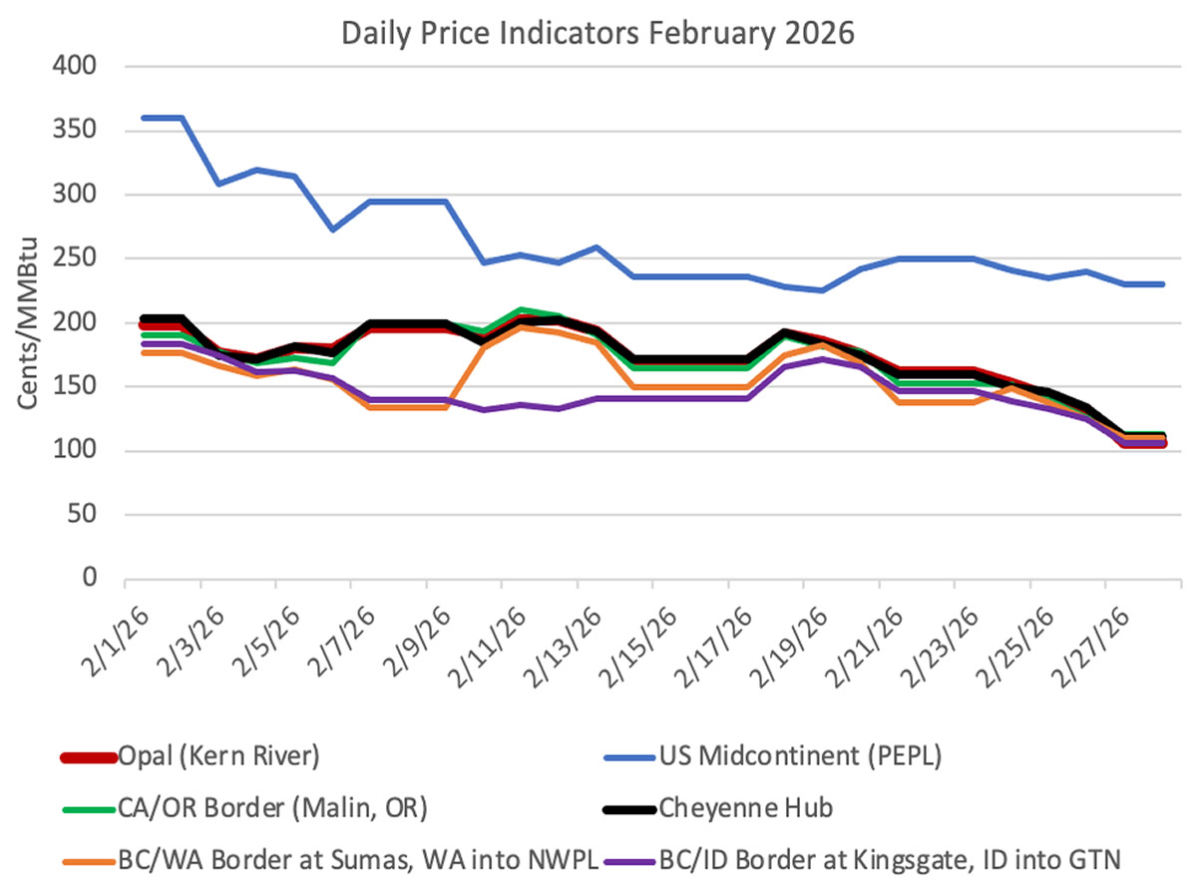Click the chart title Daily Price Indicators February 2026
[x=598, y=32]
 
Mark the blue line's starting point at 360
[x=143, y=118]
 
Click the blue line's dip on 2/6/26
[x=332, y=229]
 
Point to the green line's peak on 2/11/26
[x=521, y=310]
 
